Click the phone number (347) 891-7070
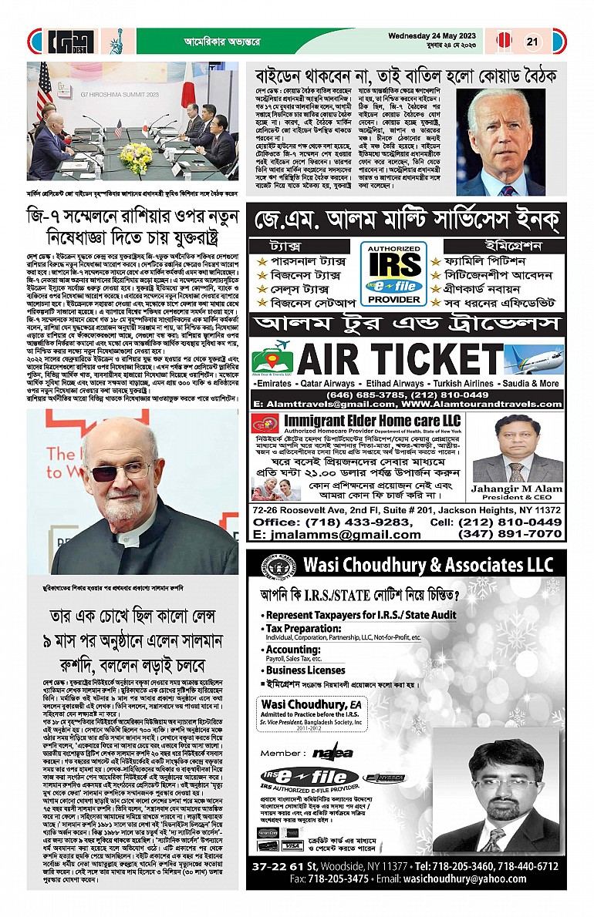click(510, 533)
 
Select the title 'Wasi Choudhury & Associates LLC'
click(424, 565)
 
